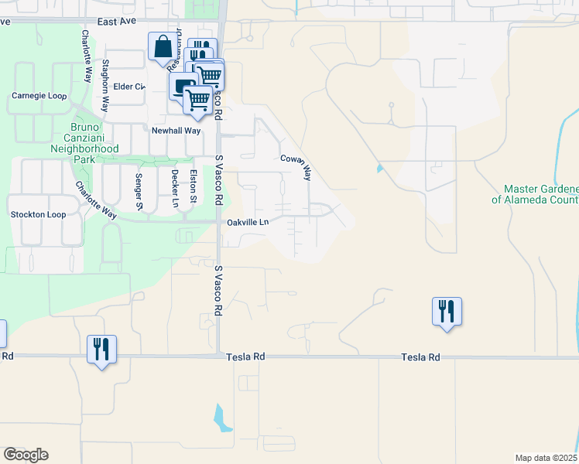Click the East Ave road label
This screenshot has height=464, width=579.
[x=117, y=22]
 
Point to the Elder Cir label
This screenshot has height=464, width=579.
[x=129, y=87]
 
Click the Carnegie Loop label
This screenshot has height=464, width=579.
[x=39, y=96]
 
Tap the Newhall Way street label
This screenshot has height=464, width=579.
[x=176, y=131]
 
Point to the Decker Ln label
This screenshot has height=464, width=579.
[x=175, y=189]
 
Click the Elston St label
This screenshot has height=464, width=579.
[x=194, y=187]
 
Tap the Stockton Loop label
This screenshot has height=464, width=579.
[x=37, y=214]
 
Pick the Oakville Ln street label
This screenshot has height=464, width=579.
[x=248, y=223]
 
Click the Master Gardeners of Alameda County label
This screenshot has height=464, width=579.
[x=540, y=193]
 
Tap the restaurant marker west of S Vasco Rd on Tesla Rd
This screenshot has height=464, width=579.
[x=101, y=349]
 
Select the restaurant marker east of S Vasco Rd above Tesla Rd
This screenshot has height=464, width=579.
[x=447, y=312]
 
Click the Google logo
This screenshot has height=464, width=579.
[x=26, y=455]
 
